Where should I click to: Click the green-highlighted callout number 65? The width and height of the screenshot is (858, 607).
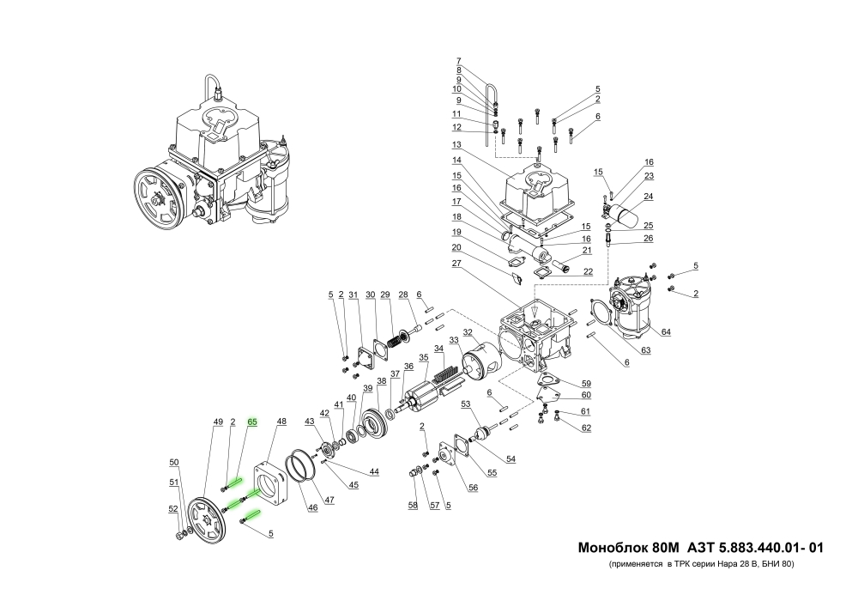[x=252, y=422]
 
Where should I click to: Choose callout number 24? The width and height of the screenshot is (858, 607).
[x=650, y=196]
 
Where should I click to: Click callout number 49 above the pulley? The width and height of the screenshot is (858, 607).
[x=218, y=422]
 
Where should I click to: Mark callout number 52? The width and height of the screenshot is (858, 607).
[x=174, y=508]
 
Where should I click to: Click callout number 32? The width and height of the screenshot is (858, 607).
[x=468, y=332]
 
